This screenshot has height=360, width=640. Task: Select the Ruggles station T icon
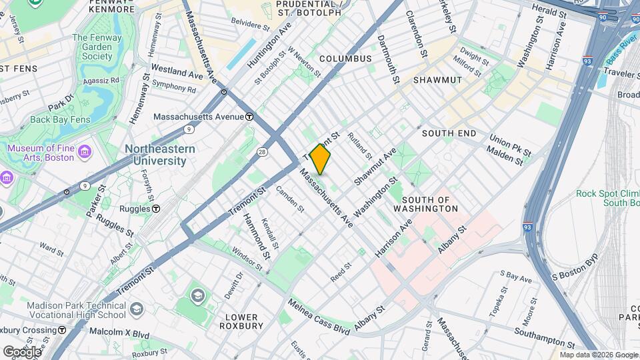click(155, 209)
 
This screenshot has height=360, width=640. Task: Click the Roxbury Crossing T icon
click(62, 330)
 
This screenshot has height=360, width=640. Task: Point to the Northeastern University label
click(160, 155)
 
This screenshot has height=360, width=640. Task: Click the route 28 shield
click(263, 152)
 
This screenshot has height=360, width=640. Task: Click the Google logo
click(21, 351)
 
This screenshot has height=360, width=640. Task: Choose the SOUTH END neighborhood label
click(449, 133)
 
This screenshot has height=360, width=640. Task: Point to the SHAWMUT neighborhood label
click(437, 80)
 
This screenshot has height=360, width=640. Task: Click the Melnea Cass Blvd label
click(319, 317)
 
